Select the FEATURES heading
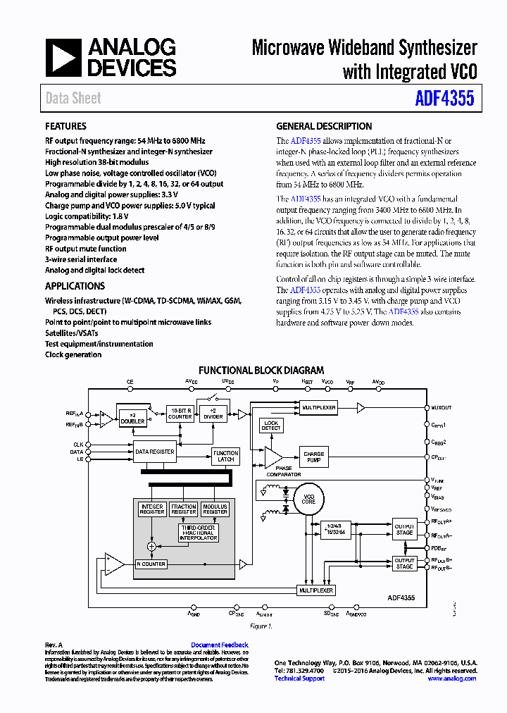click(x=65, y=126)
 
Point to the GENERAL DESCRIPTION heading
click(x=324, y=126)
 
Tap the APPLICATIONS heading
click(x=75, y=286)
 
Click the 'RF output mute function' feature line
click(x=86, y=249)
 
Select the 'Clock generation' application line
click(x=73, y=354)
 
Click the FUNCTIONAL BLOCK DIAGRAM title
click(x=261, y=370)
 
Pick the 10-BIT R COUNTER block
click(x=180, y=414)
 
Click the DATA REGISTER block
click(x=155, y=451)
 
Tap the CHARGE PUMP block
click(x=314, y=457)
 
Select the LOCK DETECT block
click(x=271, y=426)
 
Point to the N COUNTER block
click(x=151, y=564)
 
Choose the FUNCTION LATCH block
click(x=225, y=456)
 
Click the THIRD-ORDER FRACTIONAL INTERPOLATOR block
click(x=199, y=532)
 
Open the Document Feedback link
click(x=220, y=645)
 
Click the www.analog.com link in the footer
click(x=451, y=678)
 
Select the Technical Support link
click(x=299, y=678)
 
